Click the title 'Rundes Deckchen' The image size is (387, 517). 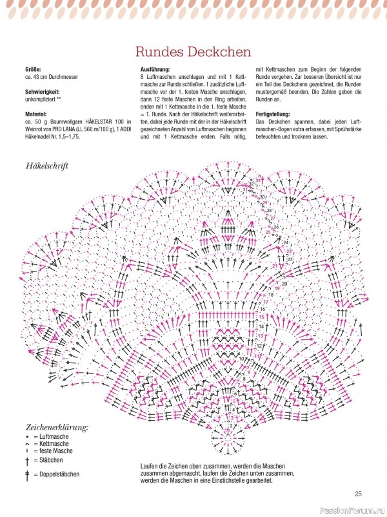[x=193, y=51]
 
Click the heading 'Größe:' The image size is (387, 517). [x=34, y=69]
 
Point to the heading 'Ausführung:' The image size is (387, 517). [x=155, y=69]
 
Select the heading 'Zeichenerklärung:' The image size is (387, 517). [x=57, y=427]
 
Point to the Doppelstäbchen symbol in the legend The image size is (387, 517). [x=27, y=475]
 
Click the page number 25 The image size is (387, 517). [x=358, y=494]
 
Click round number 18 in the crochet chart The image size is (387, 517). [x=271, y=295]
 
